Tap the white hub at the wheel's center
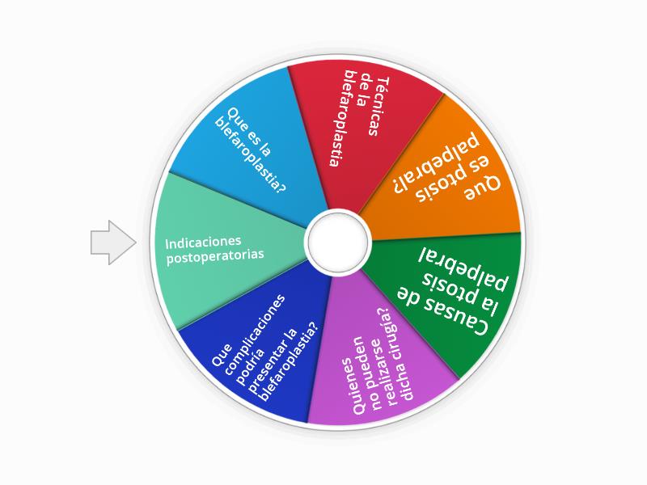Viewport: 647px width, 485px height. point(338,242)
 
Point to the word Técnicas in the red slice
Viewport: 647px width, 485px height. point(377,107)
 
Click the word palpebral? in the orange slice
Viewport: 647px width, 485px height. point(436,163)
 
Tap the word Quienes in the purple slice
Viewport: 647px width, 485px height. point(352,386)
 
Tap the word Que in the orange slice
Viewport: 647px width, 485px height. point(483,188)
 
